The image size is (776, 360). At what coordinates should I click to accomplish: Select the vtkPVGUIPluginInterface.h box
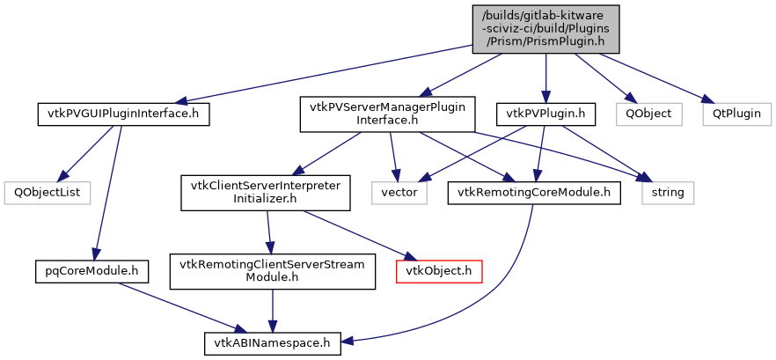pyautogui.click(x=123, y=114)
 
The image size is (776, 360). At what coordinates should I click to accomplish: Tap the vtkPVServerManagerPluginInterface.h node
pyautogui.click(x=387, y=114)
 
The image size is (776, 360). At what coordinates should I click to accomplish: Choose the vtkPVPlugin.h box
pyautogui.click(x=546, y=114)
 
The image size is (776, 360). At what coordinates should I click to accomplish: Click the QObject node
pyautogui.click(x=648, y=114)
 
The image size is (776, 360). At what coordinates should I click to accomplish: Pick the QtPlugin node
pyautogui.click(x=736, y=114)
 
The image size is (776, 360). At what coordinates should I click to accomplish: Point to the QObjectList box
pyautogui.click(x=38, y=191)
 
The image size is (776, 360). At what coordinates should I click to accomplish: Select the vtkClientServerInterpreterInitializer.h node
pyautogui.click(x=266, y=191)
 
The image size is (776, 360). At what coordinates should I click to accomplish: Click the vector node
pyautogui.click(x=399, y=191)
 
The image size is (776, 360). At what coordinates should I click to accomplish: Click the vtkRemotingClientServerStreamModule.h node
pyautogui.click(x=273, y=269)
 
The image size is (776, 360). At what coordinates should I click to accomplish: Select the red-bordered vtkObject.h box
pyautogui.click(x=438, y=269)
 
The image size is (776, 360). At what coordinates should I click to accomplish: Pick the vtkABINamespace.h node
pyautogui.click(x=273, y=341)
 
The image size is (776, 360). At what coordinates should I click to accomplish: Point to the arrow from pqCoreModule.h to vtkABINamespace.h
pyautogui.click(x=175, y=303)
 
